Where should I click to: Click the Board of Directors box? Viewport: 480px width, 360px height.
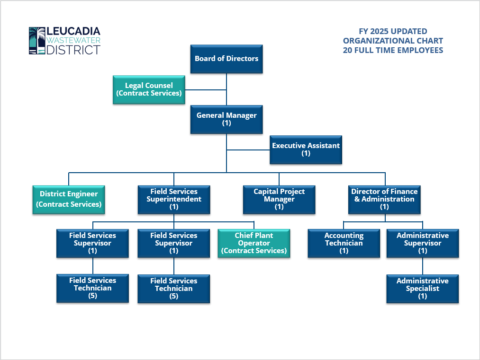click(226, 59)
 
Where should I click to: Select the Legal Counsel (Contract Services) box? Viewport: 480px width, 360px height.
click(149, 89)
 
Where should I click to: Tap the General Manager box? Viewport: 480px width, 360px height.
click(226, 119)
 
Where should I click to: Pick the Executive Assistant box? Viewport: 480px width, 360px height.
click(306, 149)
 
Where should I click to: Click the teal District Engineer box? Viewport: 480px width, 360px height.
click(69, 199)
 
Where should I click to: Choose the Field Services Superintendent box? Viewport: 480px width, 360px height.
click(173, 199)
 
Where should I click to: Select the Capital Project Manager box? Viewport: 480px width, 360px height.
click(279, 199)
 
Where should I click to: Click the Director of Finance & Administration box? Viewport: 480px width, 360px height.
click(384, 199)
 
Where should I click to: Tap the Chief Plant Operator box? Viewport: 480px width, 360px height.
click(254, 243)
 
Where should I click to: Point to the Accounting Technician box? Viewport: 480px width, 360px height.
click(344, 243)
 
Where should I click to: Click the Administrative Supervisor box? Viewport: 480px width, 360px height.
click(422, 243)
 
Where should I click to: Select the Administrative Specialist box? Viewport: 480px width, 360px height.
click(422, 289)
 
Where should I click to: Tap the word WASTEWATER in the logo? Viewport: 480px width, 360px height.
click(73, 41)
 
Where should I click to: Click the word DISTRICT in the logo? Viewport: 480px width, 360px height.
click(73, 50)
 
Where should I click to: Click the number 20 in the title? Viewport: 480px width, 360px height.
click(348, 50)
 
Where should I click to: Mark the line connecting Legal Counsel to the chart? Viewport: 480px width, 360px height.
click(205, 89)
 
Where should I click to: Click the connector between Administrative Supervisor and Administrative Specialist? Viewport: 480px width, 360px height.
click(422, 266)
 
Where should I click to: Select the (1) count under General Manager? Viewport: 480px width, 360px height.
click(226, 123)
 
